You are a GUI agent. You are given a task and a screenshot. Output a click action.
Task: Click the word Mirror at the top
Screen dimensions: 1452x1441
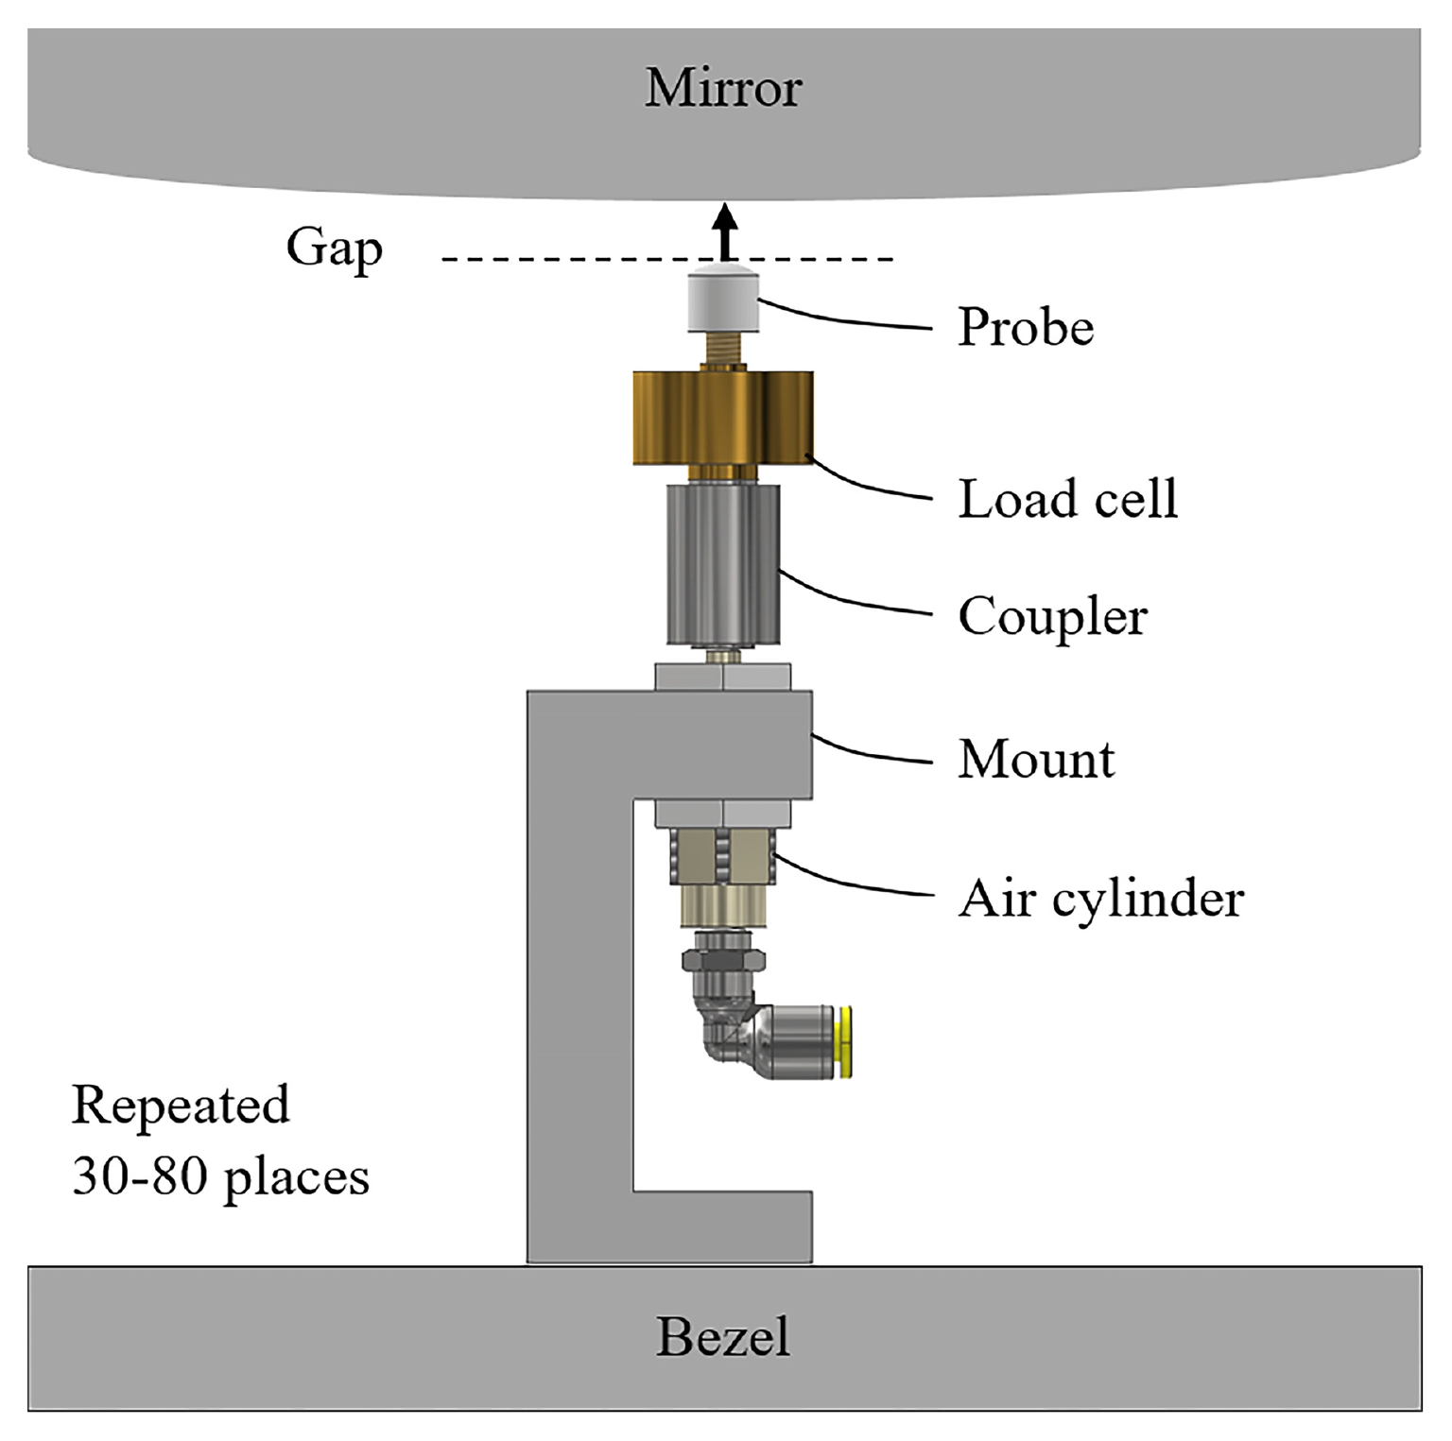(x=723, y=88)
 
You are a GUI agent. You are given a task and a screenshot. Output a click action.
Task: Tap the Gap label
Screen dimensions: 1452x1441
(x=335, y=249)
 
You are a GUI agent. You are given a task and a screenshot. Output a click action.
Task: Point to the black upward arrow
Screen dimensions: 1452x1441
(x=725, y=232)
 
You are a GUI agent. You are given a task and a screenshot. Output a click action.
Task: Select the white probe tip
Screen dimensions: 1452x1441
(x=725, y=303)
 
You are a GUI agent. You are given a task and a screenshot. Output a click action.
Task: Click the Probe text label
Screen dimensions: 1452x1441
(x=1026, y=328)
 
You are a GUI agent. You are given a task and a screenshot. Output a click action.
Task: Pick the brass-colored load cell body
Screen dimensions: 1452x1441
(x=723, y=418)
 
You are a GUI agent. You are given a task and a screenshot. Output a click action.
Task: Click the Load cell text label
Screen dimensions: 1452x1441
(x=1068, y=498)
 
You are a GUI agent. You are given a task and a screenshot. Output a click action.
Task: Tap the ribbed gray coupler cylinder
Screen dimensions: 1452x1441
(x=723, y=563)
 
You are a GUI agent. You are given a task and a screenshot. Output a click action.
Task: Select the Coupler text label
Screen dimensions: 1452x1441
(x=1052, y=618)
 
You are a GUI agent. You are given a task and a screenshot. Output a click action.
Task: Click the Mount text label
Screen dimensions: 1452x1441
(x=1036, y=759)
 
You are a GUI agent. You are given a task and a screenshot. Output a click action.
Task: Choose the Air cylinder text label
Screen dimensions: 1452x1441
(x=1101, y=898)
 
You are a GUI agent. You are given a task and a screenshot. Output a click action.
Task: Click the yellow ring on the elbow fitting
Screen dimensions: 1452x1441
(x=846, y=1042)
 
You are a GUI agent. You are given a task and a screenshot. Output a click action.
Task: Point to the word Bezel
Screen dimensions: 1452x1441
(x=723, y=1337)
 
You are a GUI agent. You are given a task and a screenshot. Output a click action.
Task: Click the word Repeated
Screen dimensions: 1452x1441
(x=181, y=1106)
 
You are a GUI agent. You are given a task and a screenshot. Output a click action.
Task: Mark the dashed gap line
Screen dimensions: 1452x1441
(x=667, y=259)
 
